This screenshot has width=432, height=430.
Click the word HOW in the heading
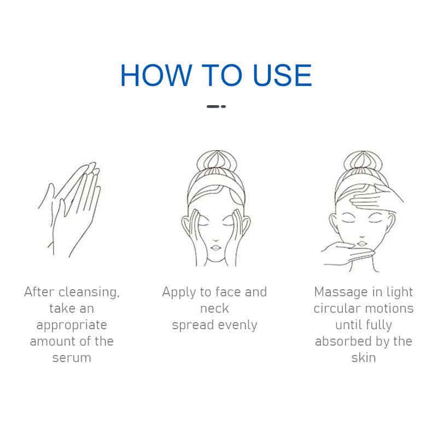pyautogui.click(x=156, y=75)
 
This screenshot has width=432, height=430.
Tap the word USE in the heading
pyautogui.click(x=282, y=75)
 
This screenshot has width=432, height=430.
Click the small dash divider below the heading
pyautogui.click(x=217, y=106)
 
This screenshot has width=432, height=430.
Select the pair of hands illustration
pyautogui.click(x=69, y=210)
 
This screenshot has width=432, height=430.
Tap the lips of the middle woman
pyautogui.click(x=215, y=248)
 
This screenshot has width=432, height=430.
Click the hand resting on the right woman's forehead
pyautogui.click(x=375, y=197)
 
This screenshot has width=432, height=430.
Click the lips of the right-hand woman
pyautogui.click(x=361, y=243)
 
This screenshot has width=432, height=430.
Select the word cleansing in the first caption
pyautogui.click(x=89, y=293)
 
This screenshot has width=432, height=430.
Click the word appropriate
pyautogui.click(x=72, y=325)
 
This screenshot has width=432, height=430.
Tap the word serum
pyautogui.click(x=72, y=358)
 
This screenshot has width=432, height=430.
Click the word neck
pyautogui.click(x=214, y=308)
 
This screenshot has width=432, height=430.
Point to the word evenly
pyautogui.click(x=237, y=325)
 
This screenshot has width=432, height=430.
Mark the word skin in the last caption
pyautogui.click(x=364, y=358)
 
